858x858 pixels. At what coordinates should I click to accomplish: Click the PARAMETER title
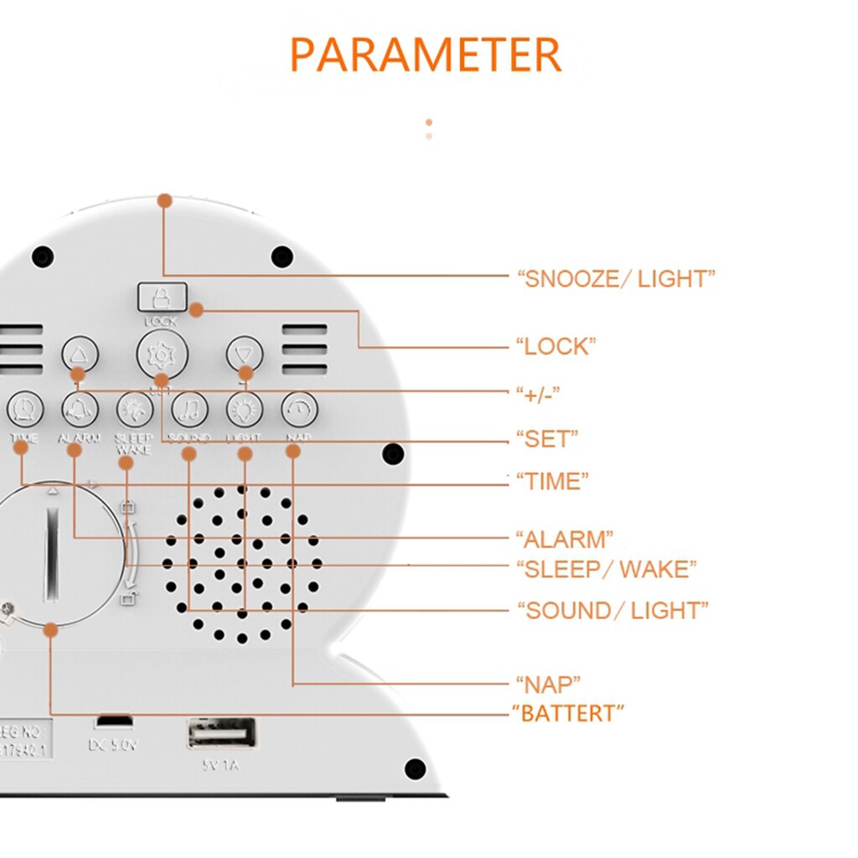(425, 54)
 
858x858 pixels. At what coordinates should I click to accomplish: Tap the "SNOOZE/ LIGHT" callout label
(616, 279)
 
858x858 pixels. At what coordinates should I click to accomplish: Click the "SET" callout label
(546, 437)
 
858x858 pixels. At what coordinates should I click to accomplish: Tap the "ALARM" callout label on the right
(564, 538)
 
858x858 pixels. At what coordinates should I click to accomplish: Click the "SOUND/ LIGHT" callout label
(612, 611)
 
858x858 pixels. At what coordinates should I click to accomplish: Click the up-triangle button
(80, 354)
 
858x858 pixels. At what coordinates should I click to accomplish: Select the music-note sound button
(189, 410)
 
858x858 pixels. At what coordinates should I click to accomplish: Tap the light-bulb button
(245, 410)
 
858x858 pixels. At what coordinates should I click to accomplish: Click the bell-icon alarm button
(80, 410)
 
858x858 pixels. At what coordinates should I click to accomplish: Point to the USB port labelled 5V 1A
(222, 733)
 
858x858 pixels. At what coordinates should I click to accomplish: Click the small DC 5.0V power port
(113, 721)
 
